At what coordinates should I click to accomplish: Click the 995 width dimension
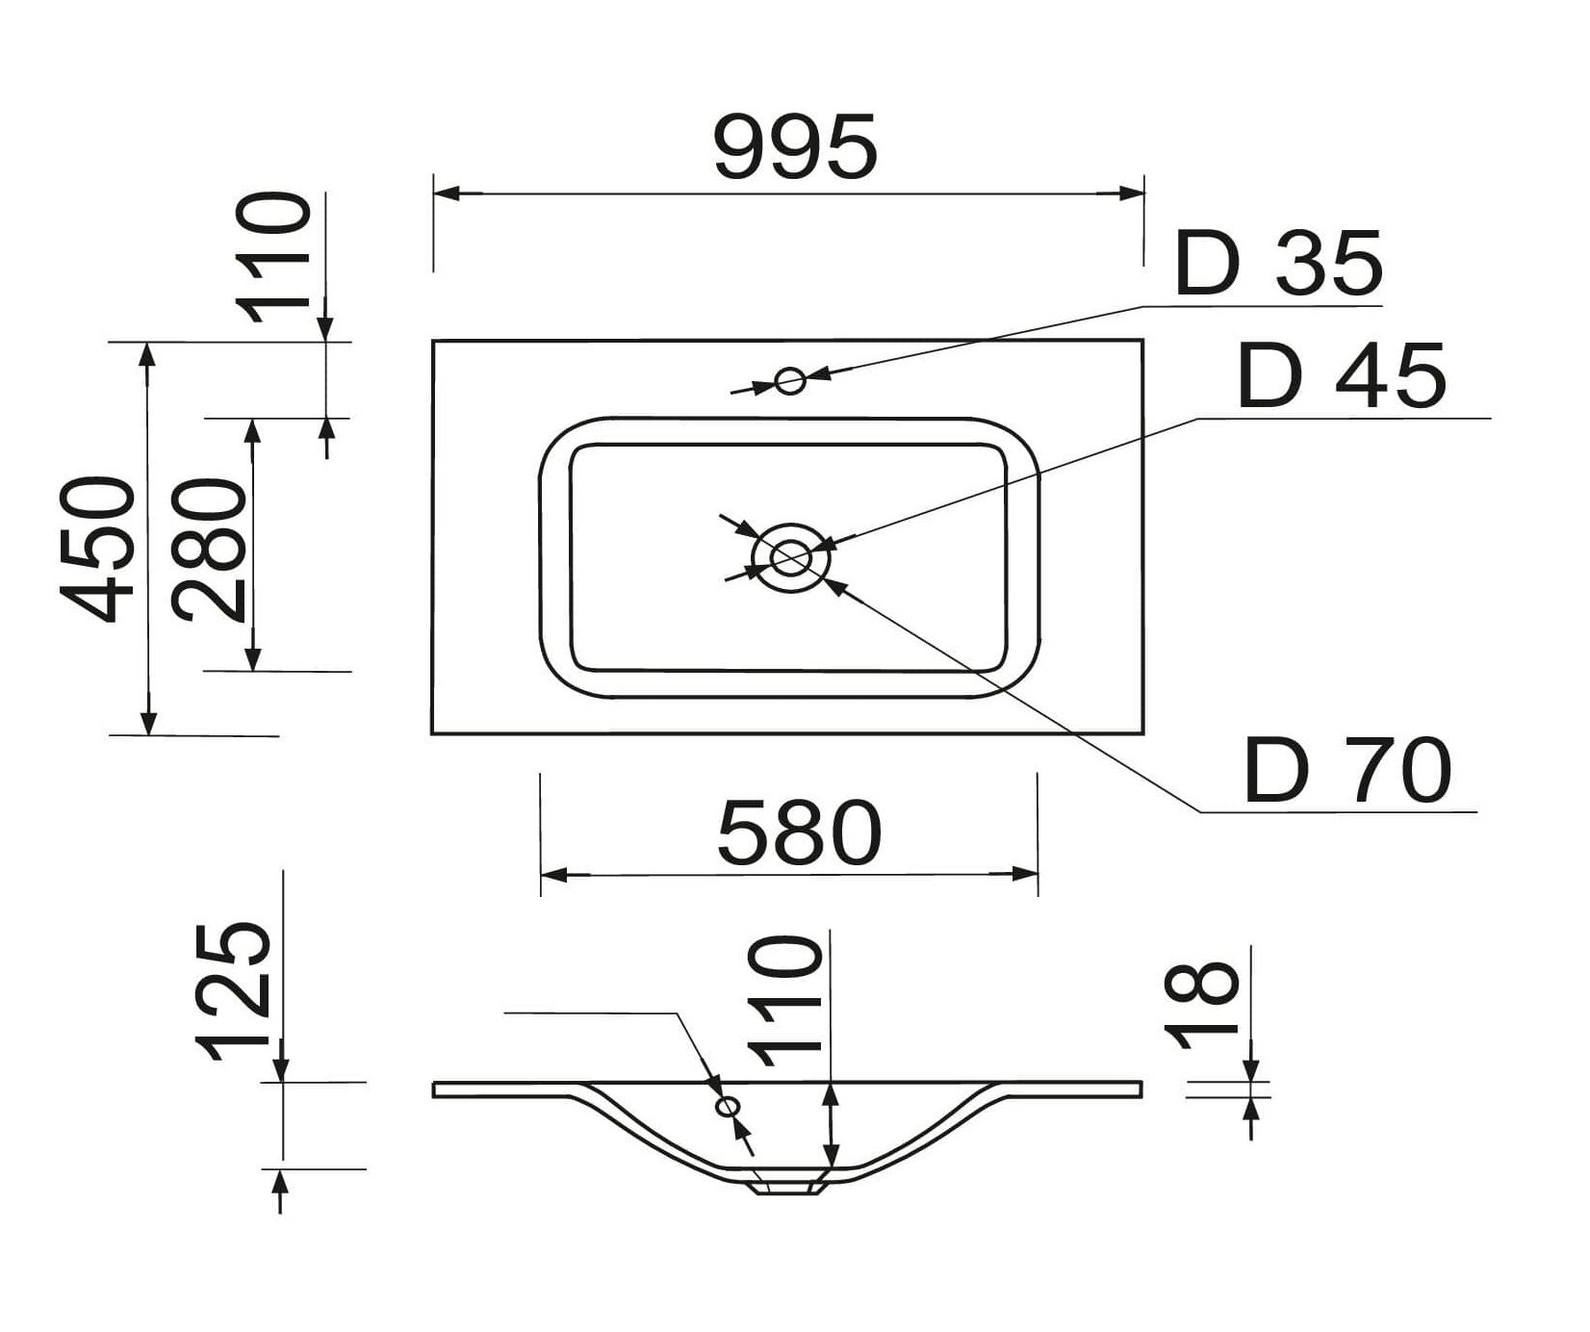(x=796, y=146)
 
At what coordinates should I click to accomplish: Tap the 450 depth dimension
(x=98, y=549)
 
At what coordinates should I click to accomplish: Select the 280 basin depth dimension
(x=210, y=549)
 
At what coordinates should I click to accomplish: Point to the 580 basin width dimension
(x=799, y=832)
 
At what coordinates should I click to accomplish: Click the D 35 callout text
(x=1279, y=264)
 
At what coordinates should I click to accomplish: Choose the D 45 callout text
(x=1342, y=375)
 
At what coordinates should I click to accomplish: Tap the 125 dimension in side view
(x=231, y=991)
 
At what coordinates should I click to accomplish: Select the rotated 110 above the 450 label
(x=276, y=258)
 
